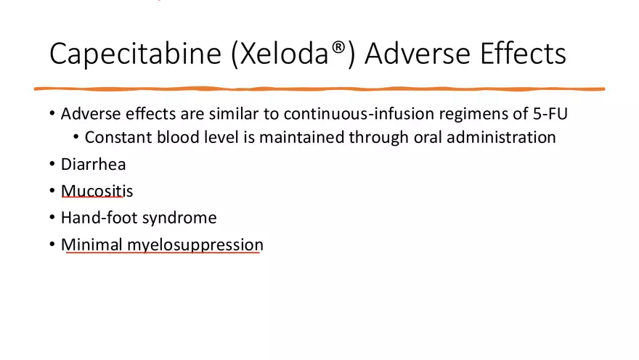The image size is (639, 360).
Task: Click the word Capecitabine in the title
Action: pyautogui.click(x=135, y=54)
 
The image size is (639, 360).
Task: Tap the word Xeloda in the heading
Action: pyautogui.click(x=284, y=54)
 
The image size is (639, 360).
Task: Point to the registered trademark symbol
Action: pyautogui.click(x=338, y=47)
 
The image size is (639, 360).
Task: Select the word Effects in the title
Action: pyautogui.click(x=524, y=54)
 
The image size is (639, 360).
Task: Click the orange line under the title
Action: pyautogui.click(x=319, y=89)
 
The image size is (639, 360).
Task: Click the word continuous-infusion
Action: pyautogui.click(x=359, y=114)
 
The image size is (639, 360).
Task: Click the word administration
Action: pyautogui.click(x=501, y=137)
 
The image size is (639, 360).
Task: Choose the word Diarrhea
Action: pyautogui.click(x=94, y=164)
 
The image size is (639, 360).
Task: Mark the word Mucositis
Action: pyautogui.click(x=97, y=191)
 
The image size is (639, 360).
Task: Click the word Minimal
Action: pyautogui.click(x=91, y=245)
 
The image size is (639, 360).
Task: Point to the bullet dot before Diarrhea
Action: pyautogui.click(x=52, y=164)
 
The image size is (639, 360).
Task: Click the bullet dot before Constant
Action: pyautogui.click(x=76, y=137)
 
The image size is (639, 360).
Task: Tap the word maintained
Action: pyautogui.click(x=301, y=137)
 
